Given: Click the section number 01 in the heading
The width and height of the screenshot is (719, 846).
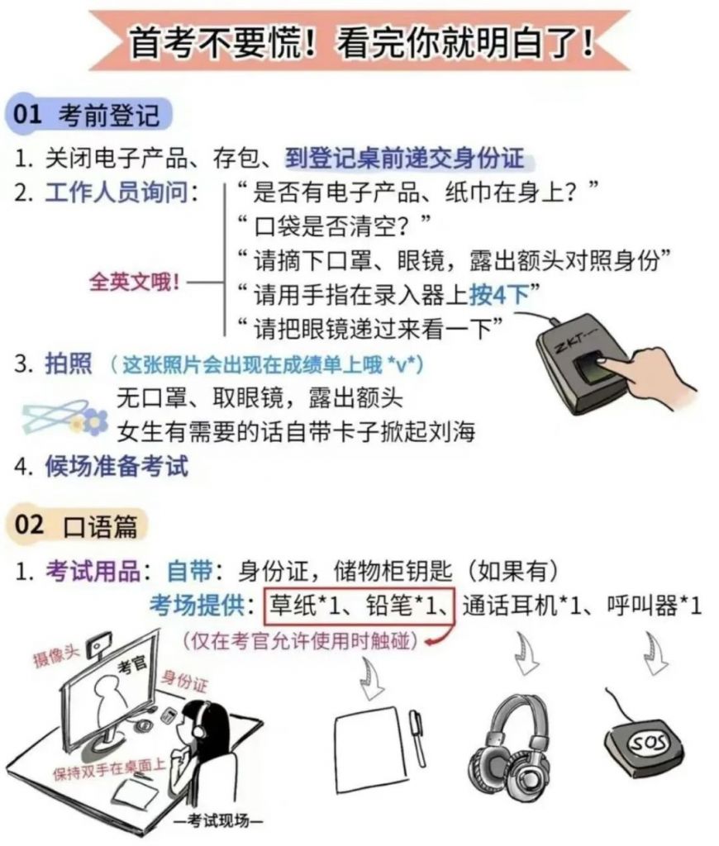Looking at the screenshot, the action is click(x=27, y=114).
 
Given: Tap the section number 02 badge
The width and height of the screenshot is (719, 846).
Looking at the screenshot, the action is click(x=29, y=525).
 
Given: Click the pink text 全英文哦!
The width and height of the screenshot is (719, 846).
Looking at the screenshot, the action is click(x=134, y=282).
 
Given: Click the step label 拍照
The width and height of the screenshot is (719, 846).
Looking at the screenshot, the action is click(x=69, y=364).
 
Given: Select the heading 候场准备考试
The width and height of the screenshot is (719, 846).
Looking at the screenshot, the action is click(x=117, y=466).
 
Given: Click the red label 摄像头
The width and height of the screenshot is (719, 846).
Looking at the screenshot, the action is click(x=55, y=655).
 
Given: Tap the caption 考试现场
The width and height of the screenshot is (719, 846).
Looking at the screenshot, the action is click(x=219, y=820).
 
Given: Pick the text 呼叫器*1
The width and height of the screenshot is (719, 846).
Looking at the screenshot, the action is click(x=655, y=606).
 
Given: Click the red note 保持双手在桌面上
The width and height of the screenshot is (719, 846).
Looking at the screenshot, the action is click(x=108, y=769).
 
